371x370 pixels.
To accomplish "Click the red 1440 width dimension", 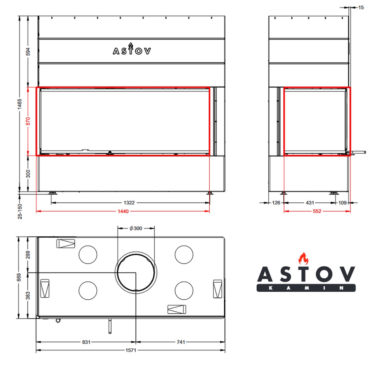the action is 123,211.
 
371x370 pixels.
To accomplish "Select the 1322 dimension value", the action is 129,203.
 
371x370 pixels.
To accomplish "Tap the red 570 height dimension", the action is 28,121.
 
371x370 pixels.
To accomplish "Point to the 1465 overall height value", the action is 20,104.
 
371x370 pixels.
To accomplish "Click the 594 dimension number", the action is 28,52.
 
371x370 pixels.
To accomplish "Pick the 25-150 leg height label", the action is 20,211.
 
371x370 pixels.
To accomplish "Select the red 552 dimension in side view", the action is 317,211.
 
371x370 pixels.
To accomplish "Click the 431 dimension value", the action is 310,203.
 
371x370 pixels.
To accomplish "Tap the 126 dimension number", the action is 276,203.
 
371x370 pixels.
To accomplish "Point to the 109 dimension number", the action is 342,203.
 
